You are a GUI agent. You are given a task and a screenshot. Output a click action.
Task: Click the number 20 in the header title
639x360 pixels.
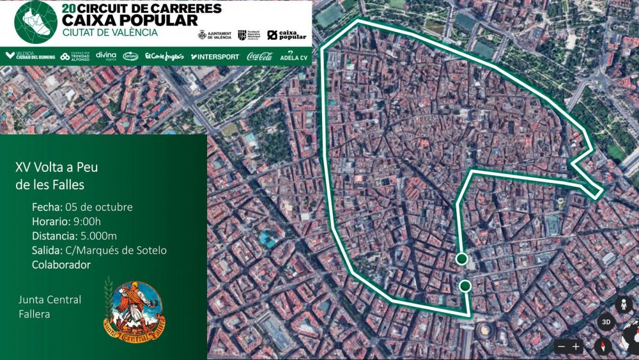tap(70, 8)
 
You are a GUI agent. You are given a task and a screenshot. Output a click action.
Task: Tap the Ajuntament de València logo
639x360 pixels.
tap(215, 35)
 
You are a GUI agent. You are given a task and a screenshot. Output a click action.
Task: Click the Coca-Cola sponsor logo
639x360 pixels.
tap(259, 56)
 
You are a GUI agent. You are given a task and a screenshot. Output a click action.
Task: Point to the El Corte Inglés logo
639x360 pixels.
tap(164, 56)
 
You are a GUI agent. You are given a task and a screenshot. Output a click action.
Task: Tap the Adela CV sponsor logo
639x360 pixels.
tap(294, 56)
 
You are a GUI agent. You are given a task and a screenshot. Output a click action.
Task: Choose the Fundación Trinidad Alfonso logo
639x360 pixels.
tap(75, 56)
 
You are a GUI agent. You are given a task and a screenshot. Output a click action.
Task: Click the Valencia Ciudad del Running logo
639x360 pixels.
tap(30, 56)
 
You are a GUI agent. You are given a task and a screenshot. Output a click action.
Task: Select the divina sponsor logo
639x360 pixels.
tap(106, 56)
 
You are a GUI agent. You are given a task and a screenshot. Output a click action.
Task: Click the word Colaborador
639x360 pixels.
tap(61, 264)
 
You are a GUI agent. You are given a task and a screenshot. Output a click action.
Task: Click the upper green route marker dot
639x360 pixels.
tap(462, 258)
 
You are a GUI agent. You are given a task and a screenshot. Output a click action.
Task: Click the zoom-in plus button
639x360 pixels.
tap(576, 347)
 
